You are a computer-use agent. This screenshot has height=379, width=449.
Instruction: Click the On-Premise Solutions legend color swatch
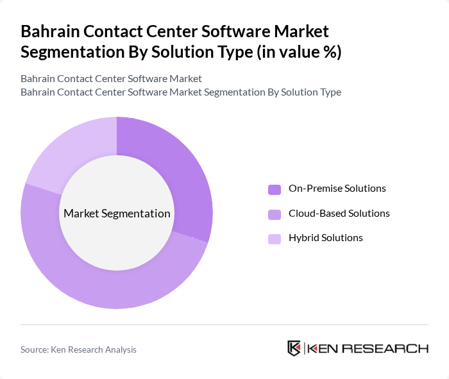(275, 189)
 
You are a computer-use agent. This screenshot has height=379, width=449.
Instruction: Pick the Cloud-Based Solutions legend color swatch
(275, 214)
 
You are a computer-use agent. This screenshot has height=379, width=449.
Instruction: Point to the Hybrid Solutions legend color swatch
(275, 239)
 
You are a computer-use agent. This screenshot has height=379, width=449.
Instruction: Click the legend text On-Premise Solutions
(337, 189)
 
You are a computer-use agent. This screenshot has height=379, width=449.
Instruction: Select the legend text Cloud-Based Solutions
(339, 214)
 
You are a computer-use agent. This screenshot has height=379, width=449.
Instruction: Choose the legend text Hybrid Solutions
(326, 238)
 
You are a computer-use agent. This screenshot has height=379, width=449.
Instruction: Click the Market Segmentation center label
(117, 214)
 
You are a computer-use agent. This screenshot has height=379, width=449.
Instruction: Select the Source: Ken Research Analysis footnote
(78, 350)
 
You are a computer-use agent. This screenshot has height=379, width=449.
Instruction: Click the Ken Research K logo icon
(294, 349)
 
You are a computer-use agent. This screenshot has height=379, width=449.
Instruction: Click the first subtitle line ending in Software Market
(111, 78)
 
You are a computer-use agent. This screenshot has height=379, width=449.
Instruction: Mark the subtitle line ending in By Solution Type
(180, 92)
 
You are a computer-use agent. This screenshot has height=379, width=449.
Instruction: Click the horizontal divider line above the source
(224, 324)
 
